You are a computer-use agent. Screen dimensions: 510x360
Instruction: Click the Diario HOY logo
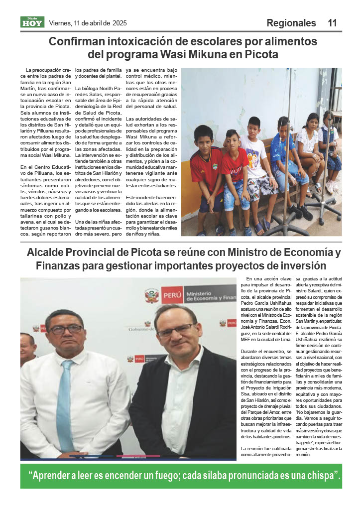pyautogui.click(x=32, y=22)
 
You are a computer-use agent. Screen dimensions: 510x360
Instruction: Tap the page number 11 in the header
pyautogui.click(x=332, y=23)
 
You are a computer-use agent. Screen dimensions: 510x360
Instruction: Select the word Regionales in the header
pyautogui.click(x=291, y=23)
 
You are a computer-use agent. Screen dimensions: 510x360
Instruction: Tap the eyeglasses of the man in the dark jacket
pyautogui.click(x=176, y=330)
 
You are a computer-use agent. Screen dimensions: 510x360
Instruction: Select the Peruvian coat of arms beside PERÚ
pyautogui.click(x=151, y=295)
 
